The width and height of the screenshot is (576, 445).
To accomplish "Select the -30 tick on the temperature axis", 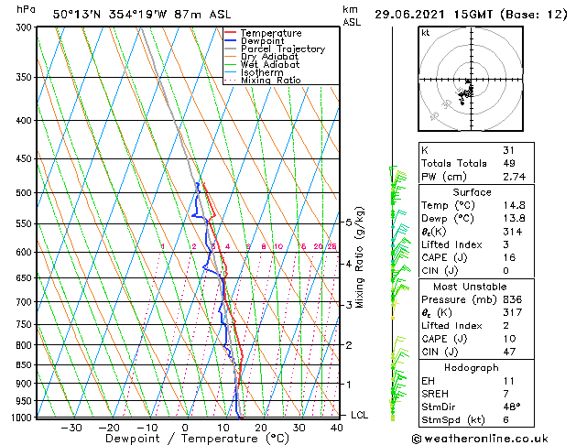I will tap(71, 428).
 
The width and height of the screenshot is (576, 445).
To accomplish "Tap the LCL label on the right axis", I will tap(361, 415).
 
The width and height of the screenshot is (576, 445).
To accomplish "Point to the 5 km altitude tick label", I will tap(349, 222).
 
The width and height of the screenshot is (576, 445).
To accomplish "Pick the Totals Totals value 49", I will tap(508, 163).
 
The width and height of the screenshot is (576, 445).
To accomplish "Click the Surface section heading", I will tap(473, 192).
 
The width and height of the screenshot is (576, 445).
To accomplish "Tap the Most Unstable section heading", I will tap(473, 286).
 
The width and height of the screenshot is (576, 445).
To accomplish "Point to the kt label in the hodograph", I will tap(425, 32).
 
